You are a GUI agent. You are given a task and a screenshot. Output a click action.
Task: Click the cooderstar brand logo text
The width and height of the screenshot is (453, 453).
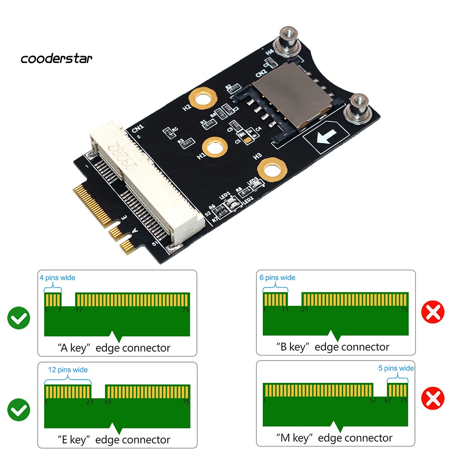coord(57,58)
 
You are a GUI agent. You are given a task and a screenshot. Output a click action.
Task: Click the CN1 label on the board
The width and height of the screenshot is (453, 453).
coord(137,129)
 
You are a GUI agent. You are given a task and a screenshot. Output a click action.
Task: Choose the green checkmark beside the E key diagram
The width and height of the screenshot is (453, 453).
coord(19,410)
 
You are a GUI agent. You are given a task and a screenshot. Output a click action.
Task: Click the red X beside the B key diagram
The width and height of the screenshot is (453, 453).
coord(433,313)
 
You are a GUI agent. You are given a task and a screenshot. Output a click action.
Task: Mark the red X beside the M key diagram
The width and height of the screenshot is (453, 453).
coord(433,398)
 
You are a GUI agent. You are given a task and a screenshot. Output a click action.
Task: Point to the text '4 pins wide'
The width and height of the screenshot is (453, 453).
coord(57,277)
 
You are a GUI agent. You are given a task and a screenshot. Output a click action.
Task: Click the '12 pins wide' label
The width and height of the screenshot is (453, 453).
coord(68,370)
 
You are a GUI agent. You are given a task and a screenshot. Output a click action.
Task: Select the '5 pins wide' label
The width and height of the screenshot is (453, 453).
coord(396,368)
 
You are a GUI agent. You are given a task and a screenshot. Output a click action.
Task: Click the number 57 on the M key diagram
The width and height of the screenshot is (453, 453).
coord(373,401)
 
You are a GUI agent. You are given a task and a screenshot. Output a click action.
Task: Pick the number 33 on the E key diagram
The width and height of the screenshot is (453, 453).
coord(107,402)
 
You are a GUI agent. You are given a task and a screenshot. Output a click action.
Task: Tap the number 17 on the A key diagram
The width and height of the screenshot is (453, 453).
coord(79,310)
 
